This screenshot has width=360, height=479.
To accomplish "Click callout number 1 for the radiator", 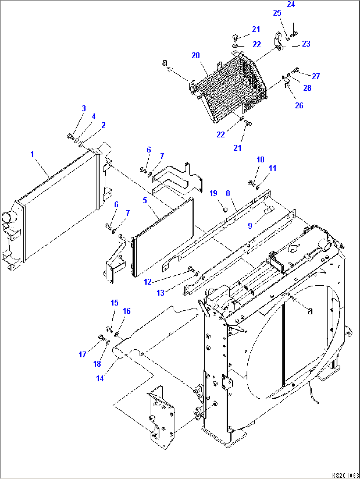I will point(32,154).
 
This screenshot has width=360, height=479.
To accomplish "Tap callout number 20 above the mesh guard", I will point(196,55).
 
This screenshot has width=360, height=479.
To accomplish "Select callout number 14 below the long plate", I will point(100,378).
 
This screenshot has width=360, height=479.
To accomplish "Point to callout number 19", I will point(213,193).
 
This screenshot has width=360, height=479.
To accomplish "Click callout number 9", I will point(250,225).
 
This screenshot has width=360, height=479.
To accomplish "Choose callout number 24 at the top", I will point(291,4).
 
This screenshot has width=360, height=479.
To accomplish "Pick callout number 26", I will point(299,105).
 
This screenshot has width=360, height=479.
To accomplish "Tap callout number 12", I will point(148,282).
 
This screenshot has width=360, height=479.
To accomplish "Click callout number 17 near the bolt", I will point(82,355).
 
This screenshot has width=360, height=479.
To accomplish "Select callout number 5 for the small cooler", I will point(145,201).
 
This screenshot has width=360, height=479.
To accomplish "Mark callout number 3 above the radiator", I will point(84,108).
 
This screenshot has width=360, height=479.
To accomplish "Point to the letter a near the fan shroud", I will point(310,311).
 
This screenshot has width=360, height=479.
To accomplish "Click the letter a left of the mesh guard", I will point(164,62).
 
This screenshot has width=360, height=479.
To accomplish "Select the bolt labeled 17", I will point(101,338).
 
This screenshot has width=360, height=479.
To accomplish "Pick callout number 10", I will point(260,160).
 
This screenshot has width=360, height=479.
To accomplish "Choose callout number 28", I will point(307,88).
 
